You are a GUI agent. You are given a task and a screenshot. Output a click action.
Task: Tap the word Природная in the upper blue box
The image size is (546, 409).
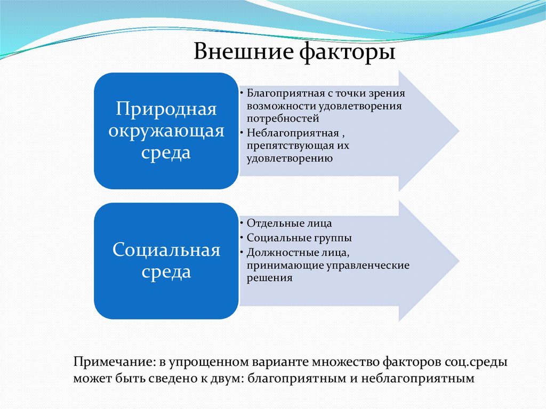166,110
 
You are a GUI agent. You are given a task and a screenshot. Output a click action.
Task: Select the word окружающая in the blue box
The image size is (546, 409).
166,131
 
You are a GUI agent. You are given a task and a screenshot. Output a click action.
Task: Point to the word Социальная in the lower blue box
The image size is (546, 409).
166,250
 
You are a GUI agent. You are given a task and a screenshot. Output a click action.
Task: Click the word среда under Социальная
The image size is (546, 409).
166,272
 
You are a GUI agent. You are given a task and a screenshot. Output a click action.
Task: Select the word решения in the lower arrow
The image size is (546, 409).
269,278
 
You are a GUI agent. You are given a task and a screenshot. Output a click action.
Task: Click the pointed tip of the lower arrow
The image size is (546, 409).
458,261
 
